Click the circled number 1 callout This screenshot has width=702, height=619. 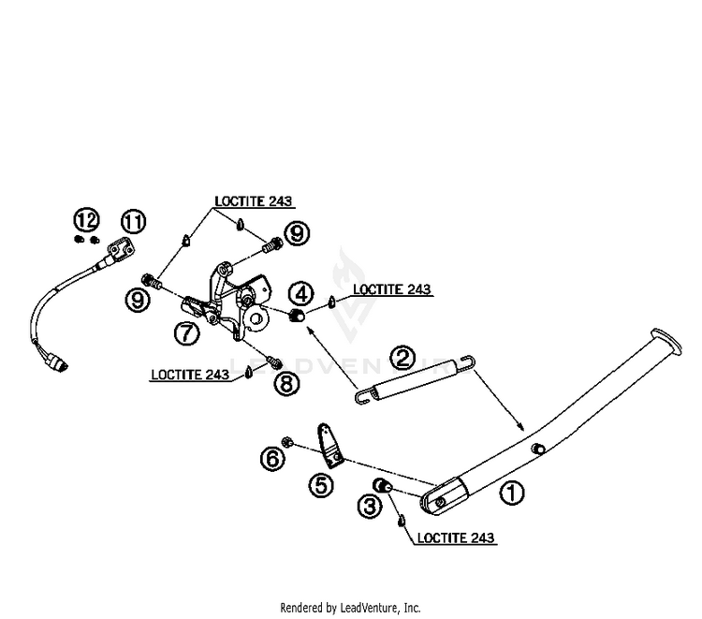pyautogui.click(x=511, y=493)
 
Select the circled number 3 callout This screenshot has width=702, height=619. pyautogui.click(x=370, y=506)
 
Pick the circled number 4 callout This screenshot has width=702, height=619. pyautogui.click(x=301, y=294)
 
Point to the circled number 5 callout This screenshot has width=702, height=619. pyautogui.click(x=321, y=485)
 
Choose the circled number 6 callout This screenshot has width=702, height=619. pyautogui.click(x=273, y=458)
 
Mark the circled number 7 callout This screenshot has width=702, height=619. pyautogui.click(x=186, y=332)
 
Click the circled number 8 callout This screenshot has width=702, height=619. pyautogui.click(x=286, y=383)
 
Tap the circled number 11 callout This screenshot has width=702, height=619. pyautogui.click(x=134, y=222)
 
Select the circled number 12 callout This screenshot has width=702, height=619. pyautogui.click(x=86, y=220)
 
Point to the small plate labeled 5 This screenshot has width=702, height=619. pyautogui.click(x=330, y=446)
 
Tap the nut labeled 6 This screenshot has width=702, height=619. pyautogui.click(x=286, y=443)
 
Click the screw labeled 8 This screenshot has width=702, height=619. pyautogui.click(x=273, y=360)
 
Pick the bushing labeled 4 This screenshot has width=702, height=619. pyautogui.click(x=297, y=315)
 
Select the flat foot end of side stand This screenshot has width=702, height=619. pyautogui.click(x=667, y=341)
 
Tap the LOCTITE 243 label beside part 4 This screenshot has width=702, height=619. pyautogui.click(x=392, y=289)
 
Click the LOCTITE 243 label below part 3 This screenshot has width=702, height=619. pyautogui.click(x=456, y=538)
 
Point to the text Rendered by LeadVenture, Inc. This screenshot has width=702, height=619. pyautogui.click(x=351, y=608)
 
